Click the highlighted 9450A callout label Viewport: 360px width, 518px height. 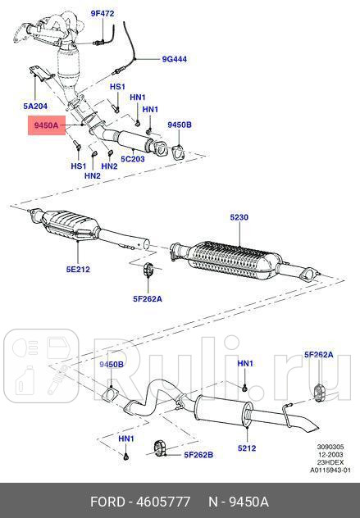click(x=45, y=125)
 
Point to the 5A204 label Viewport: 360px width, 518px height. click(x=36, y=107)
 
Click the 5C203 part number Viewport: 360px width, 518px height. click(x=133, y=158)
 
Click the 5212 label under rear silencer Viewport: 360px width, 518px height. click(x=247, y=448)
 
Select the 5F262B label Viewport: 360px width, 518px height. click(x=198, y=455)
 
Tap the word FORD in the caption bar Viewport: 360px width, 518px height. click(x=107, y=501)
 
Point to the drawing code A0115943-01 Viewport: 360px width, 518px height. click(x=330, y=470)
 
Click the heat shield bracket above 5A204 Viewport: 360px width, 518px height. click(x=39, y=80)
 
